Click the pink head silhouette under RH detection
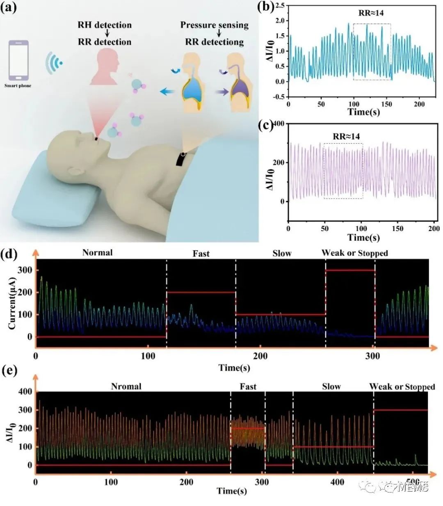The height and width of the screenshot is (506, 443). click(x=105, y=66)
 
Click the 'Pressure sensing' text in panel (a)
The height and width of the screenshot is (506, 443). click(x=214, y=25)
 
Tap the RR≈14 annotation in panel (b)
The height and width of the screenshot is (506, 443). click(x=371, y=13)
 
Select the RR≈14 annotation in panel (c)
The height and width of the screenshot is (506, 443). click(x=347, y=136)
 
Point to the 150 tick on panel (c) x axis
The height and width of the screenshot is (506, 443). click(x=397, y=229)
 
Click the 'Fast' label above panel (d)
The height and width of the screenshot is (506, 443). click(x=201, y=254)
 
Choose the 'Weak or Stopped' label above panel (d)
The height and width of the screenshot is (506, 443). click(x=354, y=253)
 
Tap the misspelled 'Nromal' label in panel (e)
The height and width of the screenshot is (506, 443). click(x=126, y=386)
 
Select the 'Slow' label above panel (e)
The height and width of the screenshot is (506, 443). click(x=331, y=386)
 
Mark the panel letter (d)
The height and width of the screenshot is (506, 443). click(x=9, y=254)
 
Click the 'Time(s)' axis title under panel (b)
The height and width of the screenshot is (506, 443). click(x=363, y=112)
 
